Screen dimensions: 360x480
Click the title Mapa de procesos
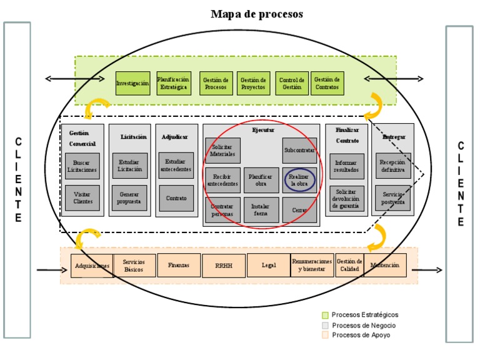click(256, 13)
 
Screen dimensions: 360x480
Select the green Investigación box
click(132, 83)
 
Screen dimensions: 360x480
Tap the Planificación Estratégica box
click(173, 83)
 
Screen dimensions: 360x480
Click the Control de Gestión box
click(292, 83)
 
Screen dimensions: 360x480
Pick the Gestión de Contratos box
click(327, 83)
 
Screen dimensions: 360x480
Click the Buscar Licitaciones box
click(82, 166)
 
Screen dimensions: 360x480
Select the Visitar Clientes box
click(82, 197)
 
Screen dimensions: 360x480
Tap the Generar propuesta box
click(129, 197)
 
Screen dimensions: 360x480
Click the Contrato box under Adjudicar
click(176, 197)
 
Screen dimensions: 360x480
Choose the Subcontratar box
click(299, 151)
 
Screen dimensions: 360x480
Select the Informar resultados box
click(346, 166)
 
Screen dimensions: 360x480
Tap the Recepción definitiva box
click(393, 166)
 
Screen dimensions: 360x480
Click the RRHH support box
click(224, 265)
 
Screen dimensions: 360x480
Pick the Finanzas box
click(179, 265)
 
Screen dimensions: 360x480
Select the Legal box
click(269, 265)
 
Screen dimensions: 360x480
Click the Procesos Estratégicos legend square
click(325, 315)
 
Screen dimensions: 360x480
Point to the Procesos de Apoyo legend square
click(325, 336)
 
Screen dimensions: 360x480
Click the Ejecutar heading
click(262, 131)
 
